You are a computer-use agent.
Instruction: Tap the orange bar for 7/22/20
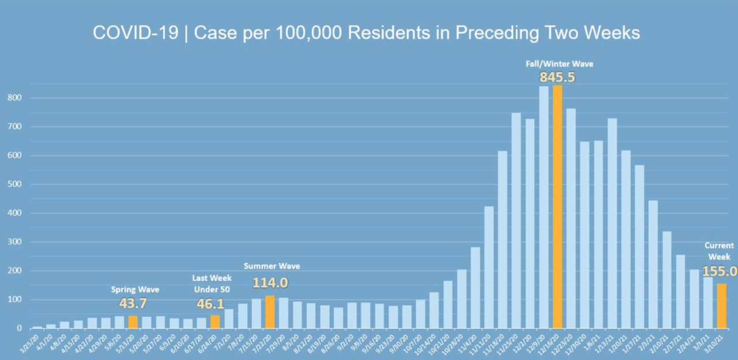coord(270,312)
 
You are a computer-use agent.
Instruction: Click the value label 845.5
coord(558,77)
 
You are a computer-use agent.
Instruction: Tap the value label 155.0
coord(720,271)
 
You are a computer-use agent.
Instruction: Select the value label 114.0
coord(270,283)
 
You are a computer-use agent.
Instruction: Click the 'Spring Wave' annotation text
coord(135,290)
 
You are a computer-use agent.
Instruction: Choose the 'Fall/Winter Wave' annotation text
coord(558,63)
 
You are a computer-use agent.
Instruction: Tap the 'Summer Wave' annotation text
coord(272,266)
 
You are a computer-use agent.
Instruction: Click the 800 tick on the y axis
coord(18,98)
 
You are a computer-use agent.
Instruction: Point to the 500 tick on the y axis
coord(18,185)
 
